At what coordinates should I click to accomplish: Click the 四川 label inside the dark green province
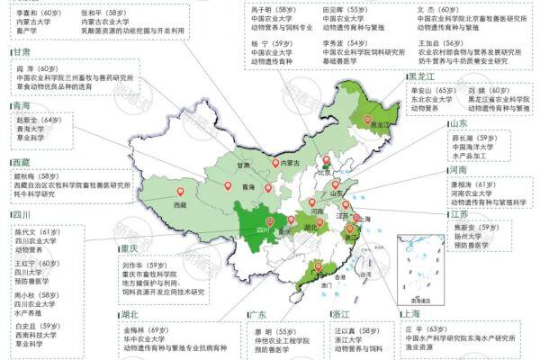(264, 229)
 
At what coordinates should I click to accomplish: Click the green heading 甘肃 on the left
(22, 52)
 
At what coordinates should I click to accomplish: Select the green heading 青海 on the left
(22, 106)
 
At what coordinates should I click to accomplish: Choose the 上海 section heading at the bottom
(411, 314)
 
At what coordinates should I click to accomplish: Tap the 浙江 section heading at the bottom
(340, 314)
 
